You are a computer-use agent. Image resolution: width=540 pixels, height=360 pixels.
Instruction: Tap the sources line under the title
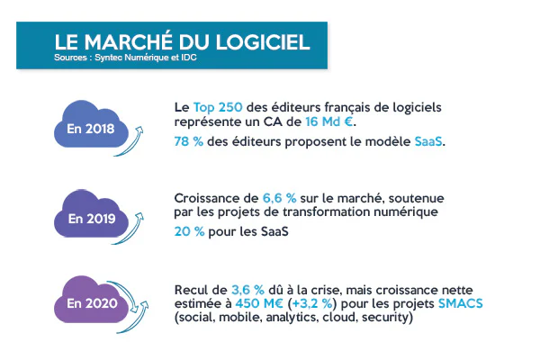pyautogui.click(x=125, y=59)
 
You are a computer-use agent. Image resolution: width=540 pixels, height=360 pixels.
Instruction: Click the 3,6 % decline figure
pyautogui.click(x=247, y=289)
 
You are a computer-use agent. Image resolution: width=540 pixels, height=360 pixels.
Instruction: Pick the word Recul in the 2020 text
pyautogui.click(x=193, y=289)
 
